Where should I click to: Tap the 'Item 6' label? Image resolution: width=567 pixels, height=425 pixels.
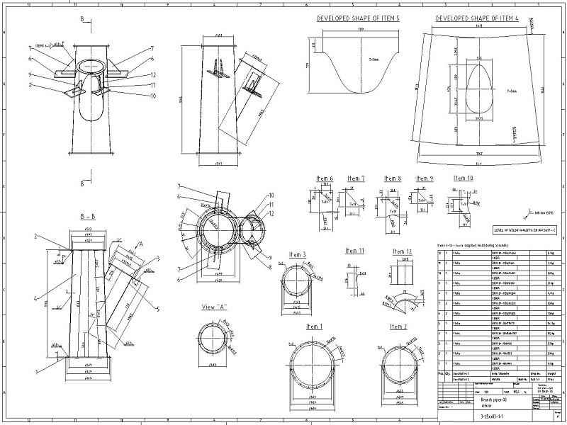pyautogui.click(x=325, y=178)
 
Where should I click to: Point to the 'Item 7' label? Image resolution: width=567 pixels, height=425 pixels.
pyautogui.click(x=356, y=178)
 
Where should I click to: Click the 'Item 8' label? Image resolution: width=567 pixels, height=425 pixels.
pyautogui.click(x=393, y=178)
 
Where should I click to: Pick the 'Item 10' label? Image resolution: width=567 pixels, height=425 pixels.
pyautogui.click(x=464, y=178)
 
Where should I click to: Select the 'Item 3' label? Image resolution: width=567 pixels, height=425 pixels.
pyautogui.click(x=298, y=254)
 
